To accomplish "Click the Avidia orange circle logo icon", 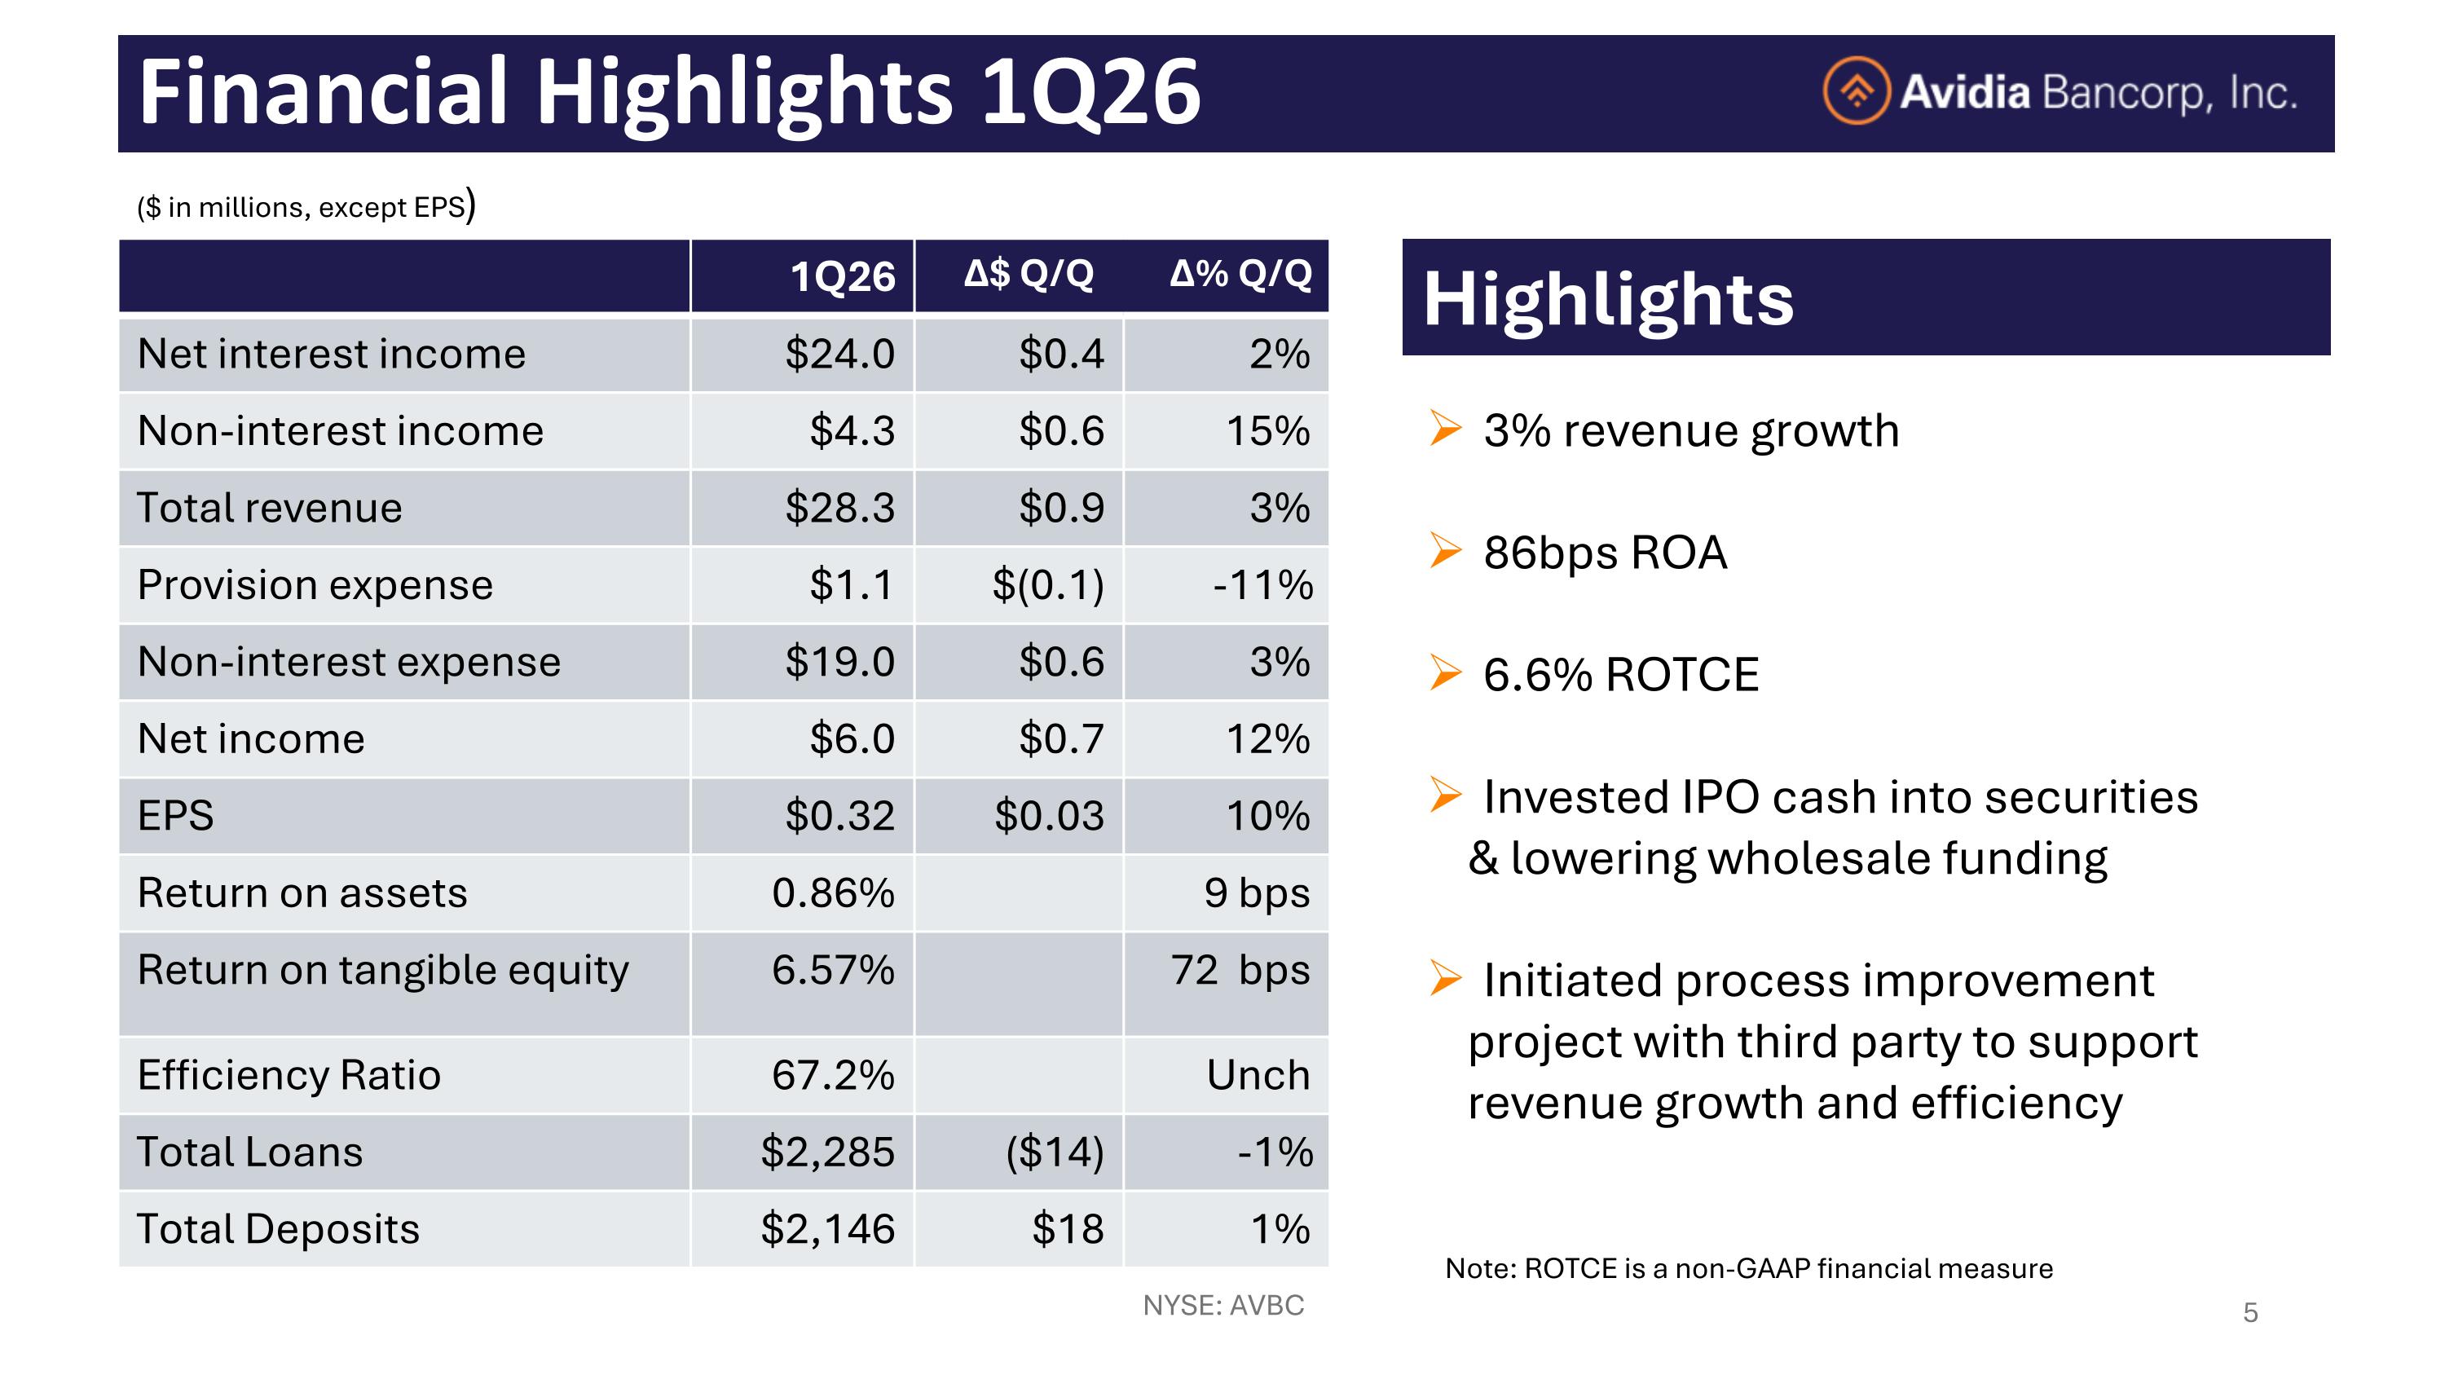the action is [1857, 91].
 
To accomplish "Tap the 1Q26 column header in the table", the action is [843, 277].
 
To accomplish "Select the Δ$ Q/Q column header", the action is [1029, 274].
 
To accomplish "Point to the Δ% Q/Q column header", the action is [1240, 274].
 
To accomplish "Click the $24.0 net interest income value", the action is [840, 354].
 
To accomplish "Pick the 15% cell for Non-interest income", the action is [1268, 431].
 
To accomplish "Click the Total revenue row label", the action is [270, 508].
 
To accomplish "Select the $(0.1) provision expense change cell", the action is [1048, 585].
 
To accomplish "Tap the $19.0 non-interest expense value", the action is [840, 661].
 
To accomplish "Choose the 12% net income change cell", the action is [1268, 739].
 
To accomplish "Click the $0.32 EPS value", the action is [840, 816].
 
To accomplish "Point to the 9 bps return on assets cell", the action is [1257, 894].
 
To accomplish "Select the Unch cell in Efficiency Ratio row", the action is [1258, 1075].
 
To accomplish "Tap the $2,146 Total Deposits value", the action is [828, 1230].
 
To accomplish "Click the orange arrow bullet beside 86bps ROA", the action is [1446, 550].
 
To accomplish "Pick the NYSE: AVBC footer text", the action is [1223, 1306].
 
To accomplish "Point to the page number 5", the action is [2250, 1313].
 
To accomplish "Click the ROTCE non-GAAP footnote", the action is [1748, 1269].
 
